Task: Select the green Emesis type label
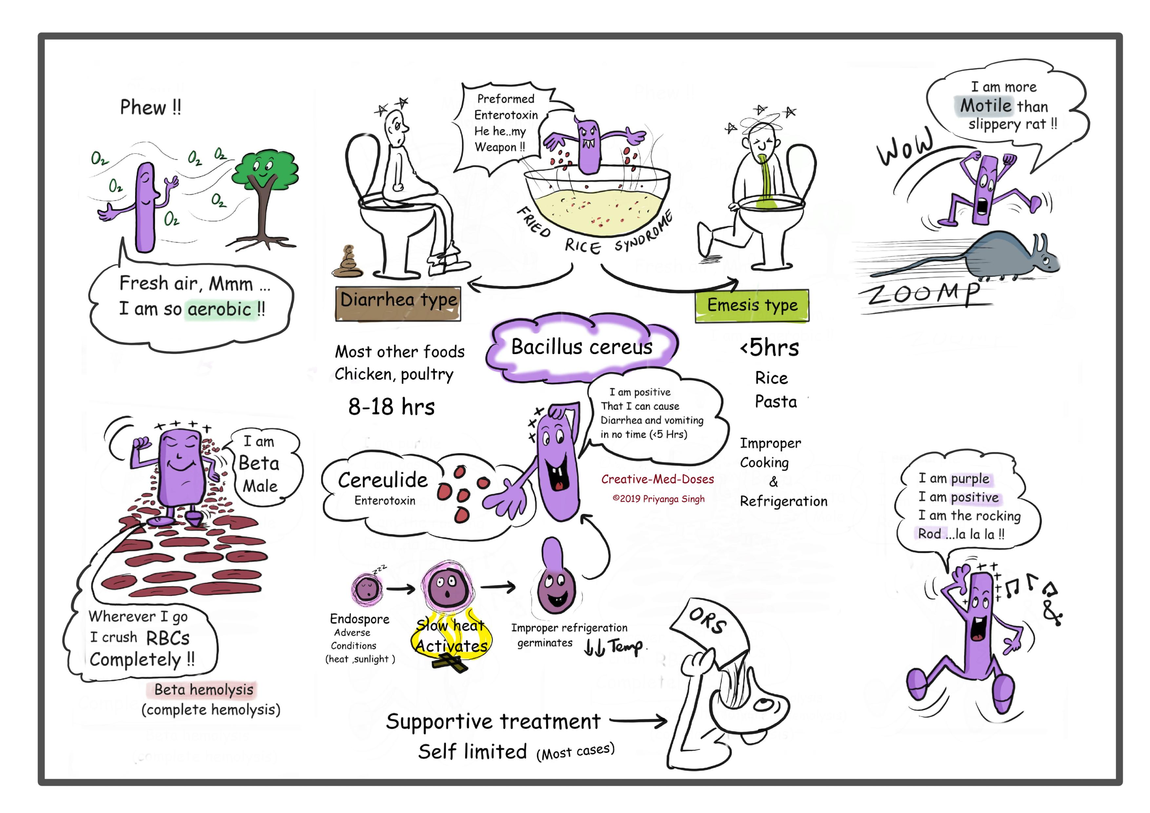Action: tap(752, 305)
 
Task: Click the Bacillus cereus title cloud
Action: tap(582, 346)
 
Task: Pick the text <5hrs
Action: tap(769, 347)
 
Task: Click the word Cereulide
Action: tap(383, 480)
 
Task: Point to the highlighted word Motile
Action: tap(985, 106)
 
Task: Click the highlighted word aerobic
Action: tap(219, 309)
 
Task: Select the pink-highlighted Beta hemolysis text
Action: tap(203, 690)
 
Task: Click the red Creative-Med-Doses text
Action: tap(657, 479)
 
